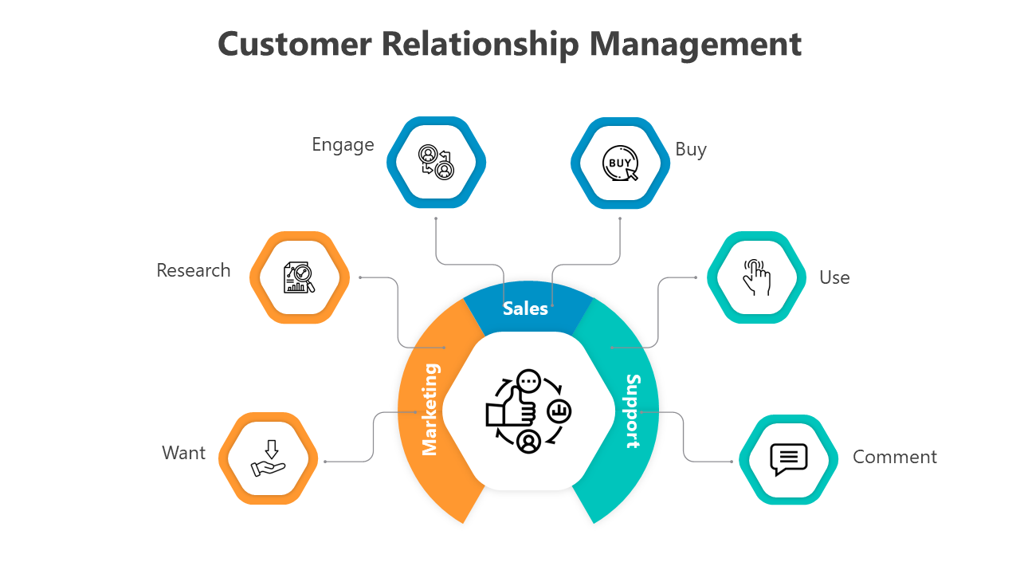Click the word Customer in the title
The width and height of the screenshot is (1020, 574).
294,43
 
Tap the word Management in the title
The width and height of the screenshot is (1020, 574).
695,43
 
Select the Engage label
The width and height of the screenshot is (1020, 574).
343,145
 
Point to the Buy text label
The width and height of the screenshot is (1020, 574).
690,150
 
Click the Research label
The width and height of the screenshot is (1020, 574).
193,271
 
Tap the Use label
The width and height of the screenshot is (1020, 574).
834,278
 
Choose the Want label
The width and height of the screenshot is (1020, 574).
183,454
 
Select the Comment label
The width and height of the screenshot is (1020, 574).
894,458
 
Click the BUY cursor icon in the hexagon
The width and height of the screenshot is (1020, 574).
620,163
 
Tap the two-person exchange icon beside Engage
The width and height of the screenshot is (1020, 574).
436,163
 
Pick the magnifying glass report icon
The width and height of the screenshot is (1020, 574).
300,277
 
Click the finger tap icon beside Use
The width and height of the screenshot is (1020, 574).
756,277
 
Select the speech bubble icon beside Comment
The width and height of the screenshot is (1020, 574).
788,459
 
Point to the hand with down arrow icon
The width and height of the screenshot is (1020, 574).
269,458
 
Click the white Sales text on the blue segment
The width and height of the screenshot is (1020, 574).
525,309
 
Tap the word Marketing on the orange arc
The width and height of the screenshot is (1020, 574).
430,409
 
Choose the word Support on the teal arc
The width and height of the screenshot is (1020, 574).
633,411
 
